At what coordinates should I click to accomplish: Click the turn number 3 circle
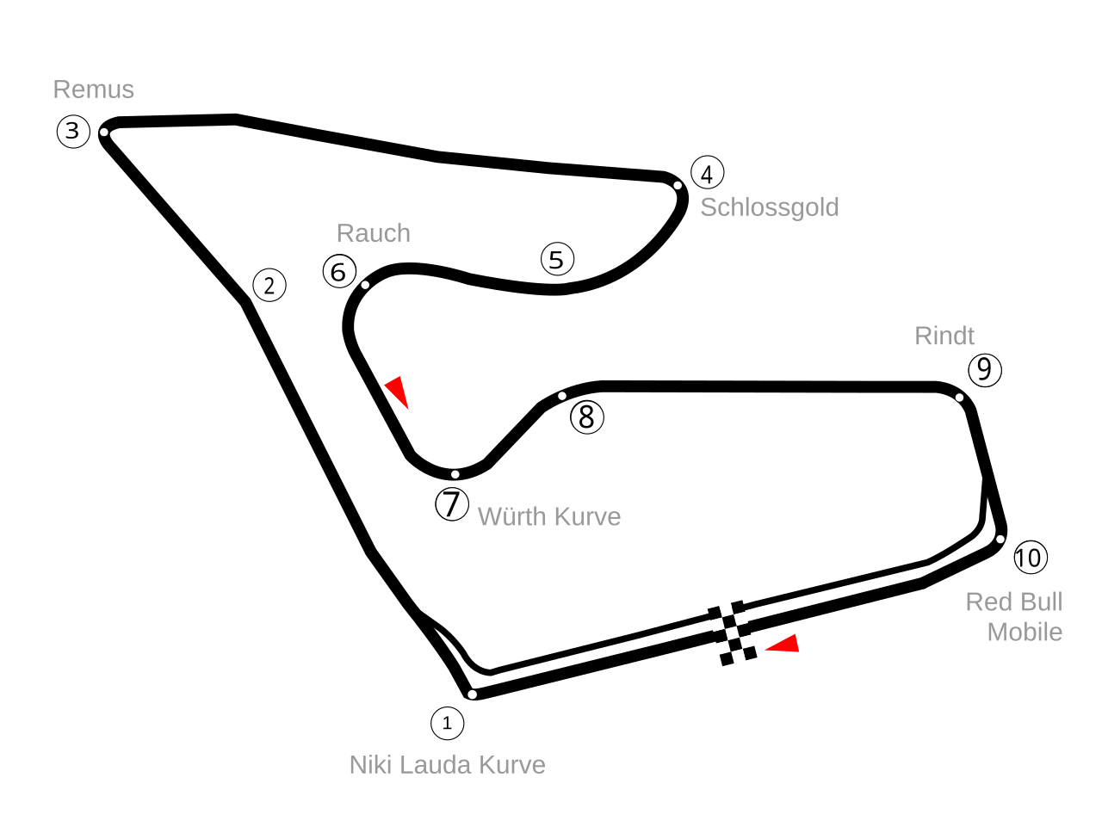point(73,132)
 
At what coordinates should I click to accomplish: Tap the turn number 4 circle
point(707,173)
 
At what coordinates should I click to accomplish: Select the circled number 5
point(557,259)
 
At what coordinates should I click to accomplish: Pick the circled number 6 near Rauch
point(339,272)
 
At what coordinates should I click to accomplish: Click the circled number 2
point(269,286)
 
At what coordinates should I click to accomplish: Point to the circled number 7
point(452,503)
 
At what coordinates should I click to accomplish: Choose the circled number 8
point(587,417)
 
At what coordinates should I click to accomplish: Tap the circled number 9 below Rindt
point(985,370)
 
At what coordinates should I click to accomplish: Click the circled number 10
point(1030,558)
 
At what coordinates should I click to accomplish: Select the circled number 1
point(447,724)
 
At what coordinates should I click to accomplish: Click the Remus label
point(94,89)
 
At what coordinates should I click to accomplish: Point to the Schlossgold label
point(769,207)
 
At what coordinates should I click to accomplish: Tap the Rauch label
point(373,233)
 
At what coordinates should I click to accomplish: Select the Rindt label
point(944,336)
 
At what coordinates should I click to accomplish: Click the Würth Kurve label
point(548,516)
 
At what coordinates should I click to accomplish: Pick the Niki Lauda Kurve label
point(447,765)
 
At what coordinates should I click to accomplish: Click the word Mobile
point(1025,633)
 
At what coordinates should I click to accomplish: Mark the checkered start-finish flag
point(732,633)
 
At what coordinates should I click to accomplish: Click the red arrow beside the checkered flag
point(784,645)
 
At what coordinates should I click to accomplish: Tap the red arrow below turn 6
point(397,392)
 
